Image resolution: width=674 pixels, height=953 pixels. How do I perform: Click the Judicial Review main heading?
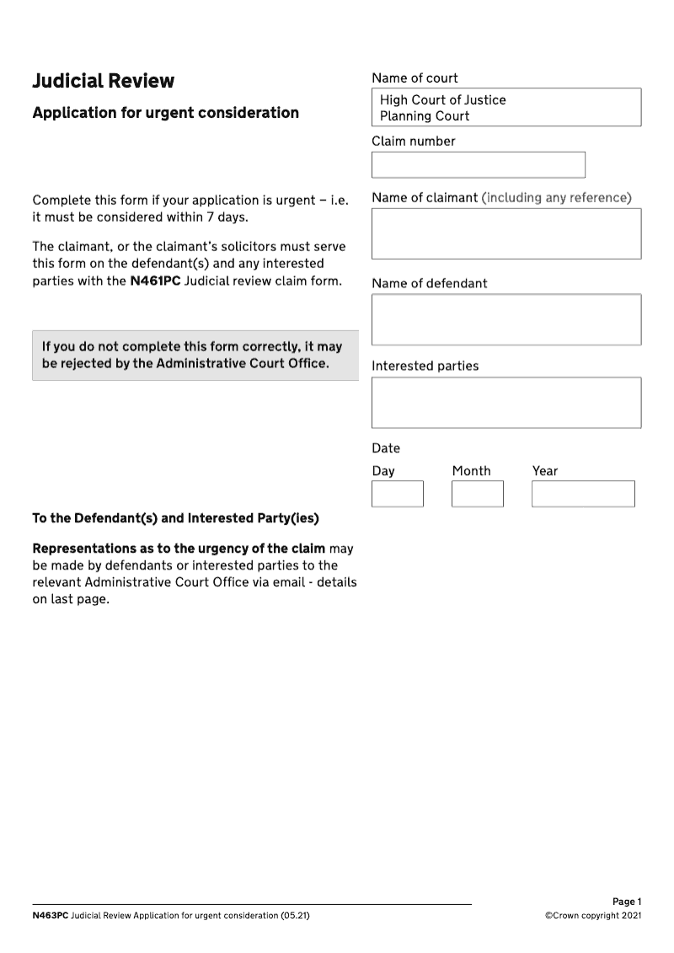point(103,81)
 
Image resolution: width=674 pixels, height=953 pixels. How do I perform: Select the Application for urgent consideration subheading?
point(165,113)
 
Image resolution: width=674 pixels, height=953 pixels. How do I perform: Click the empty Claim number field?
point(478,164)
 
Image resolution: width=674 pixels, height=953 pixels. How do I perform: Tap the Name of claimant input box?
point(505,233)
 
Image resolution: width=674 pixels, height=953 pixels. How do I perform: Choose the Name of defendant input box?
point(505,319)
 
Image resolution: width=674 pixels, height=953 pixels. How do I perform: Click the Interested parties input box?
point(505,402)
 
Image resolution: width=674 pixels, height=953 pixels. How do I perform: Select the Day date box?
point(397,494)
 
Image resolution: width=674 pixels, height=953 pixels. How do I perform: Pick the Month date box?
point(477,494)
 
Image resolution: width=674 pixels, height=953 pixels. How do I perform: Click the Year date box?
point(582,494)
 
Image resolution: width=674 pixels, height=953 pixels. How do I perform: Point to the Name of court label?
point(415,78)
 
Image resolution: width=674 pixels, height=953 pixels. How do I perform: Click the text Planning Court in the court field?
point(425,116)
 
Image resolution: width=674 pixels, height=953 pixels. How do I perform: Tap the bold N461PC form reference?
point(155,281)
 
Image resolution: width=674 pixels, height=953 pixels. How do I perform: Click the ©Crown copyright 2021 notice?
point(593,915)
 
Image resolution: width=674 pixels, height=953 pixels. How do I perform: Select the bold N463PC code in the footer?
point(50,915)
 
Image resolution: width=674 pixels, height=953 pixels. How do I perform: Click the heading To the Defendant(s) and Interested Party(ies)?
point(175,517)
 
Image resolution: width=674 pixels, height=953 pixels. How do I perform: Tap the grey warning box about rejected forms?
point(195,356)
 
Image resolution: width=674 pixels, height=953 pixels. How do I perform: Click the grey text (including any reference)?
point(556,198)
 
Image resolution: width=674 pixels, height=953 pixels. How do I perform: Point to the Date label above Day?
point(386,448)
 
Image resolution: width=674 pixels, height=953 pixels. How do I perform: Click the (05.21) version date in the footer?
point(295,915)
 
